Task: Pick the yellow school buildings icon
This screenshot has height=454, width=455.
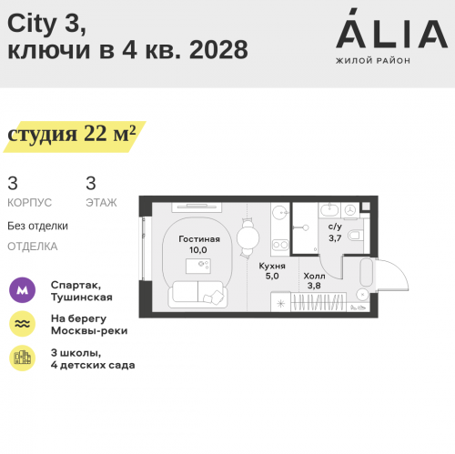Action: pos(22,358)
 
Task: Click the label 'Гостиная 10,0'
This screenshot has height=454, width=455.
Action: pos(192,244)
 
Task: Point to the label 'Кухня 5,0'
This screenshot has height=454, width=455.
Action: pos(274,271)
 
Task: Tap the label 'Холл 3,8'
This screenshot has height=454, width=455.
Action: pos(314,280)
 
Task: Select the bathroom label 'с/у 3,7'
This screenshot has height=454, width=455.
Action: pos(334,232)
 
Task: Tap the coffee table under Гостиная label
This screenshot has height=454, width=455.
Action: pos(198,265)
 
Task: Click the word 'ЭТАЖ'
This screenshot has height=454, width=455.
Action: pos(101,202)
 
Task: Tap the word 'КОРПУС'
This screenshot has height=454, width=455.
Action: pos(29,202)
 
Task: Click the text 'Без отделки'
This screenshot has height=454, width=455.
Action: pos(37,226)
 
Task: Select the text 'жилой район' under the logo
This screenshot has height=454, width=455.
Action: pos(373,61)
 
